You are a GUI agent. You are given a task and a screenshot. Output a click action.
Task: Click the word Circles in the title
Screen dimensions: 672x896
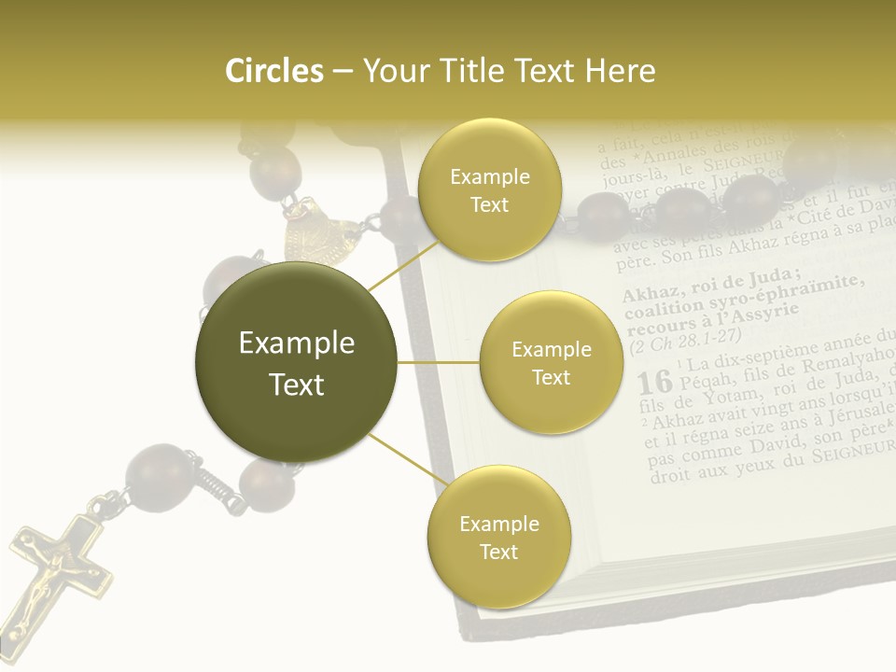coord(273,71)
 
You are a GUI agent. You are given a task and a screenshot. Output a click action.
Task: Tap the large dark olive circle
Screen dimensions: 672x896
coord(296,363)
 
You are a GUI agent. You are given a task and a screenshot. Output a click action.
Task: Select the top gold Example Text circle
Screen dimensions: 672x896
coord(488,190)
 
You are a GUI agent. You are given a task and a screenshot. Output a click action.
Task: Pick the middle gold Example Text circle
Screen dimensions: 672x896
coord(551,363)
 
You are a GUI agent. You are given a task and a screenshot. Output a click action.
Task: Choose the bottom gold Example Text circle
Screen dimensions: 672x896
coord(498,538)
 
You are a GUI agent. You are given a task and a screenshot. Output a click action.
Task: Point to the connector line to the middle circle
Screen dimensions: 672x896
coord(439,362)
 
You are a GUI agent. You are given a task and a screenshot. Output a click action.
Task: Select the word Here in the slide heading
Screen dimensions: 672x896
coord(622,71)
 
